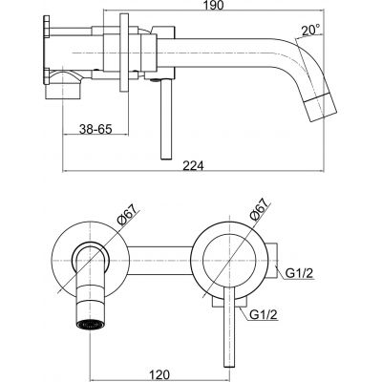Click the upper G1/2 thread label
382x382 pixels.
click(301, 275)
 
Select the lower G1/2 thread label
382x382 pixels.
click(266, 314)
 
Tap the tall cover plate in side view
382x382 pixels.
click(123, 53)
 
